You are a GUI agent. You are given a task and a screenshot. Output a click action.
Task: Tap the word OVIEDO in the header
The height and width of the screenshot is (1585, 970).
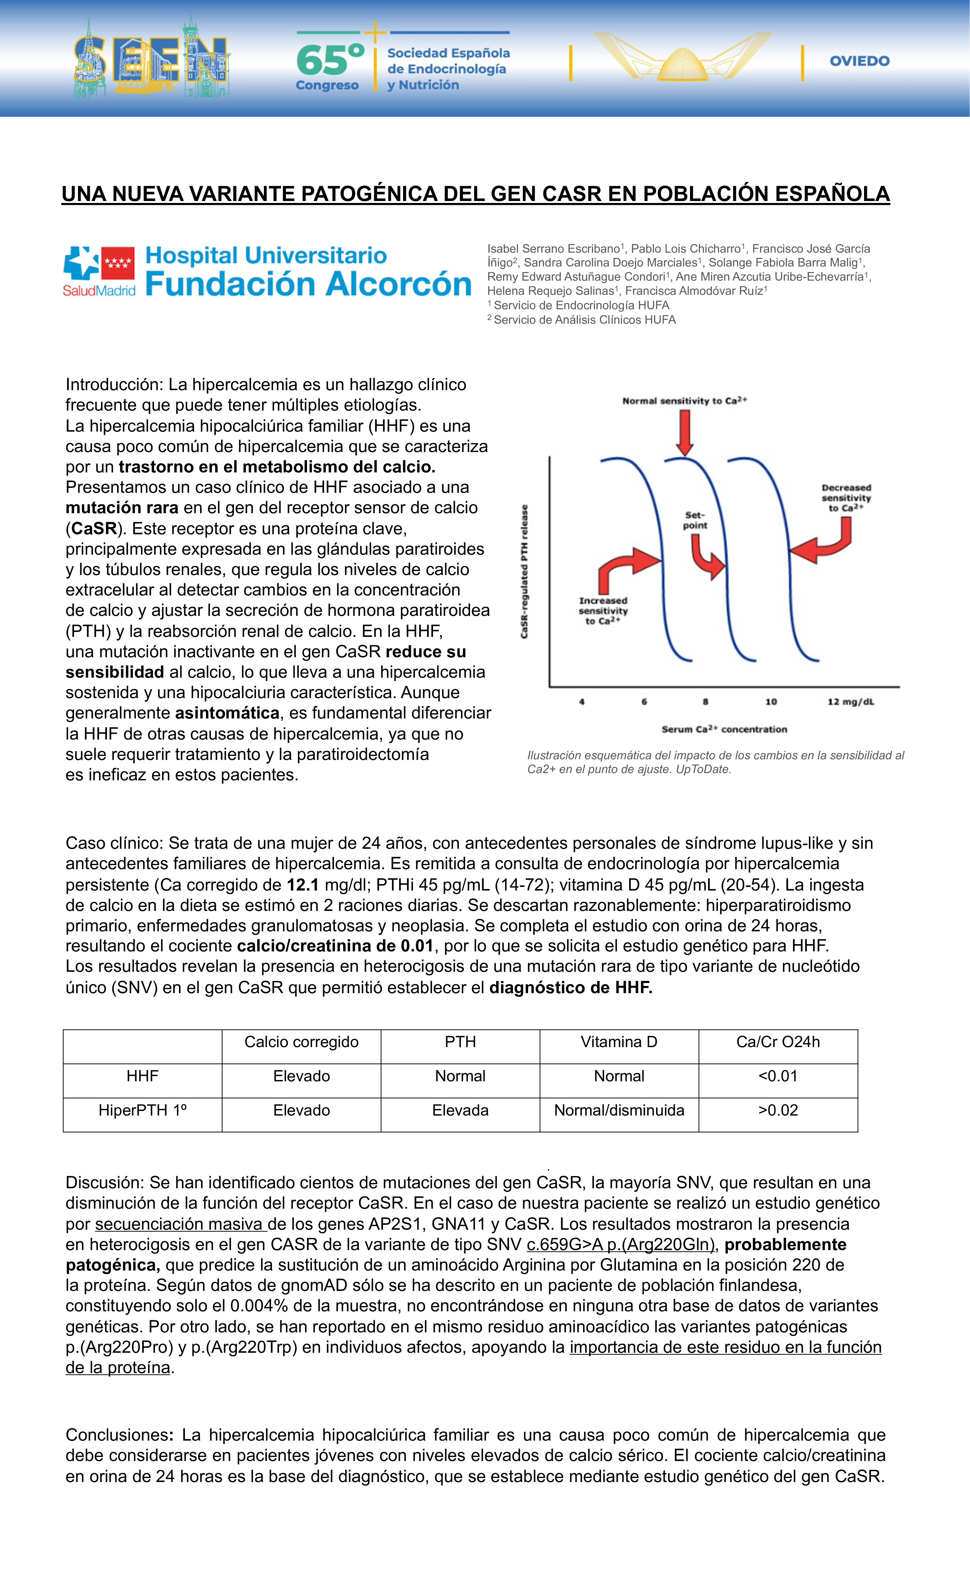859,61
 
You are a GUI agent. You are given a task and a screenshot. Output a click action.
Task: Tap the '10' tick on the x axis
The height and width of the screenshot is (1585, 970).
771,702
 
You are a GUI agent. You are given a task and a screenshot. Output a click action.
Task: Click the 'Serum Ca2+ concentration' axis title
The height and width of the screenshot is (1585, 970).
724,729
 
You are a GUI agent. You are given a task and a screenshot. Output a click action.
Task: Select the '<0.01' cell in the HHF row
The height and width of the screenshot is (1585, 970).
778,1076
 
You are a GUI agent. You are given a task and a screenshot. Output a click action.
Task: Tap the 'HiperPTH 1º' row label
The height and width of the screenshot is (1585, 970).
142,1110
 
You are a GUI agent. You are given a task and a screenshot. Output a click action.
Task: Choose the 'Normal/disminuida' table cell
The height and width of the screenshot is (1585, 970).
619,1110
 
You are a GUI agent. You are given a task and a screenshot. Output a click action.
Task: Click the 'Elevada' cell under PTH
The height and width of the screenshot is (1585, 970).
460,1110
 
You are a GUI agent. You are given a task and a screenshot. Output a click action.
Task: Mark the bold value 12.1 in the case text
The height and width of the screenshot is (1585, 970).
302,885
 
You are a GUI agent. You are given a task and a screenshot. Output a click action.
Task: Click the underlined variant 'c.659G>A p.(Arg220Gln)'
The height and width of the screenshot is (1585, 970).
621,1245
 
